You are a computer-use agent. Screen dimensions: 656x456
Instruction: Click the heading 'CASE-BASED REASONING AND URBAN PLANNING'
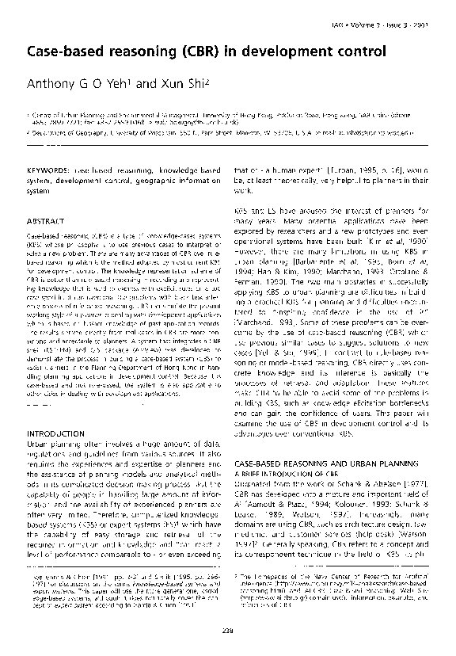click(x=323, y=461)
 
